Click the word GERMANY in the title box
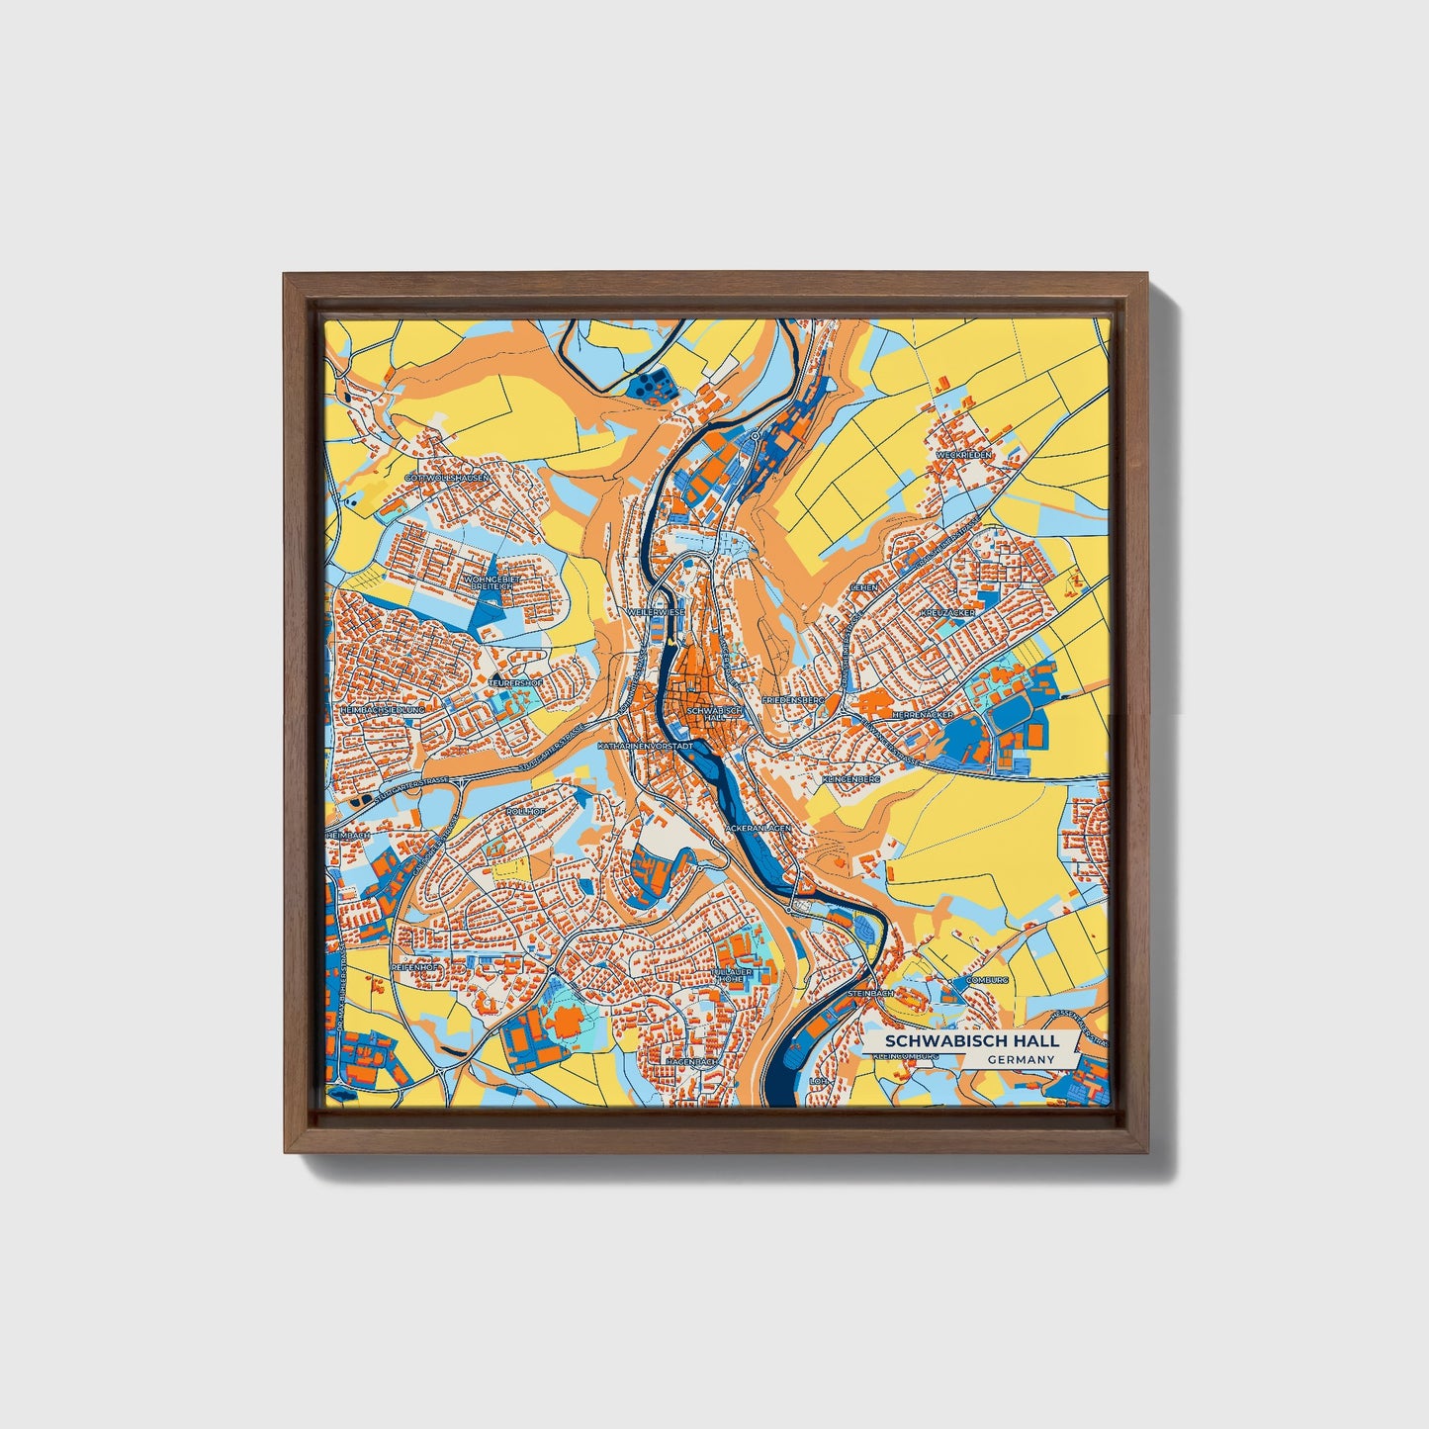coord(1021,1059)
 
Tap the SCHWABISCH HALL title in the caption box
coord(971,1041)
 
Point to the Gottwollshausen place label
coord(447,478)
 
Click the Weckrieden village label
coord(963,454)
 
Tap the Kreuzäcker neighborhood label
coord(946,613)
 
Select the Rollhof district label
coord(525,811)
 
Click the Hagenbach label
coord(690,1061)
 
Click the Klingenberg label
coord(849,780)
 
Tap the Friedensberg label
coord(792,699)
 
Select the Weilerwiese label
coord(656,613)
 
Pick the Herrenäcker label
coord(922,712)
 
